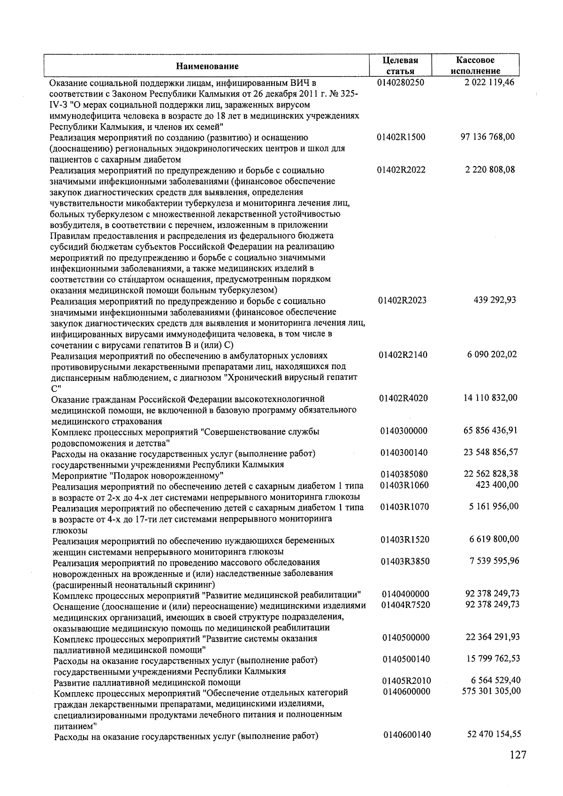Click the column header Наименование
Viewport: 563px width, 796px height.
click(x=207, y=66)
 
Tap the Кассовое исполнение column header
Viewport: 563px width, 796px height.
click(x=475, y=66)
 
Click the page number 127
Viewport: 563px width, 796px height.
click(x=517, y=755)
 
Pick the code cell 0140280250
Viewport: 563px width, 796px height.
click(x=400, y=83)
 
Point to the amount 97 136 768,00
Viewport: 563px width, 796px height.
click(x=488, y=137)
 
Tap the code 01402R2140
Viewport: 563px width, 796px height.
click(x=403, y=355)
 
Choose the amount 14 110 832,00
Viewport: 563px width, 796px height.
click(x=490, y=398)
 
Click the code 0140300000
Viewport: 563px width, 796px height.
click(x=404, y=431)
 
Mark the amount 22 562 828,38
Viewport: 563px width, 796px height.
click(x=491, y=474)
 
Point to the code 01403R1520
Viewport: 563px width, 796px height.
click(x=404, y=539)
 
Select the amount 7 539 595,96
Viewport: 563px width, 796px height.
click(x=494, y=561)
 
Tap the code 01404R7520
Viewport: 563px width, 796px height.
click(x=405, y=605)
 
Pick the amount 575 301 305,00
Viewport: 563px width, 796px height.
click(x=491, y=691)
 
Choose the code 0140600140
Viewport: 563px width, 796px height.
click(x=406, y=735)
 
